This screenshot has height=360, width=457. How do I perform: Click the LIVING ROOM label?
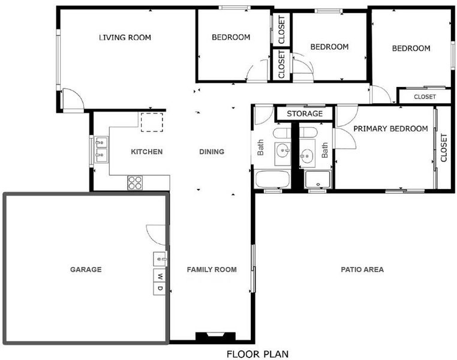(125, 38)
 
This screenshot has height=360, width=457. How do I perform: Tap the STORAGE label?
(305, 113)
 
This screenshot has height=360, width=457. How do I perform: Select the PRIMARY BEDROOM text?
(390, 128)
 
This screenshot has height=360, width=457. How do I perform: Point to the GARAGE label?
(86, 269)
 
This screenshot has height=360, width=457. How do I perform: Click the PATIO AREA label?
(362, 269)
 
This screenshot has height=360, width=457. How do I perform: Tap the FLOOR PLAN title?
(258, 354)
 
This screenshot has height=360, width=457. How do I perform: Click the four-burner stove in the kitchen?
(135, 183)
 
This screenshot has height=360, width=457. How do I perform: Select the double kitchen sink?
(102, 149)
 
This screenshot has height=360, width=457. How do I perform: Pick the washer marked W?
(159, 275)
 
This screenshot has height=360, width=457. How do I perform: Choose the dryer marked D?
(159, 289)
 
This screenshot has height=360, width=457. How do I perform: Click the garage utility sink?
(160, 259)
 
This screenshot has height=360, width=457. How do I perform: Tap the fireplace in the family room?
(215, 336)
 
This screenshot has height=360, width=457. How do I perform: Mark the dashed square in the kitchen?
(152, 122)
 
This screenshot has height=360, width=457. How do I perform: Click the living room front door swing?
(73, 99)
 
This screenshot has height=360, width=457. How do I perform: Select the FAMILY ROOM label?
(212, 269)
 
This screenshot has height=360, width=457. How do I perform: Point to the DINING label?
(212, 152)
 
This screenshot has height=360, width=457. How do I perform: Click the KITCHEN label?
(146, 152)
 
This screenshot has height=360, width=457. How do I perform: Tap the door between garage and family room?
(156, 235)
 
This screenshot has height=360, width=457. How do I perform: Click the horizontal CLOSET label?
(425, 97)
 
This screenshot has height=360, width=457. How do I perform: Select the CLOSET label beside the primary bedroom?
(444, 148)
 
